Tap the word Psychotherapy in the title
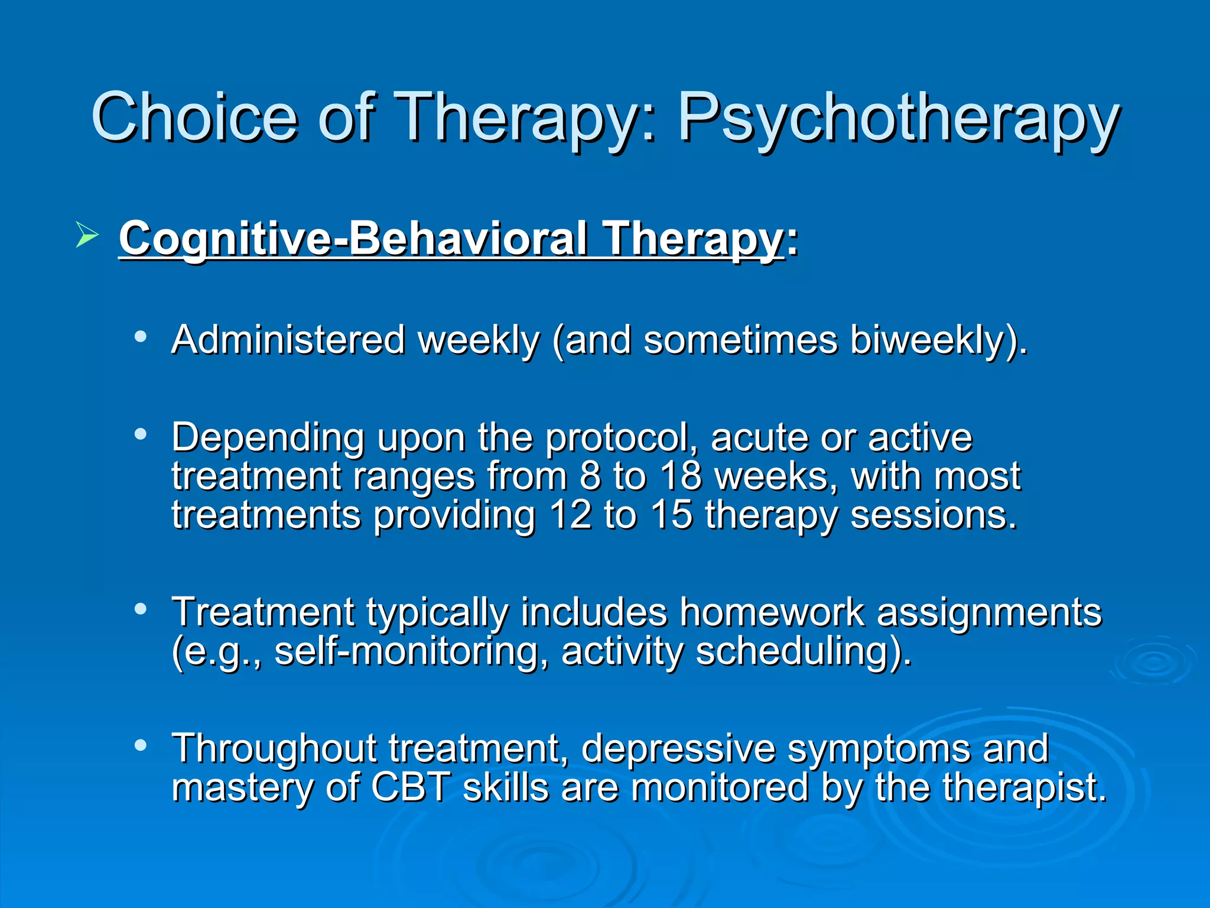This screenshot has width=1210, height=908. (x=898, y=118)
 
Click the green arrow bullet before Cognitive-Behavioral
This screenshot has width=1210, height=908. (x=87, y=236)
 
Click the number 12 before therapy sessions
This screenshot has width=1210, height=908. (x=571, y=515)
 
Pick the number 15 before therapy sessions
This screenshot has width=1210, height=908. (x=671, y=515)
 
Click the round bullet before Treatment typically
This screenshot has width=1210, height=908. (x=141, y=609)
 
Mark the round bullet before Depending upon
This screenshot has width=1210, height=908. (x=141, y=434)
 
